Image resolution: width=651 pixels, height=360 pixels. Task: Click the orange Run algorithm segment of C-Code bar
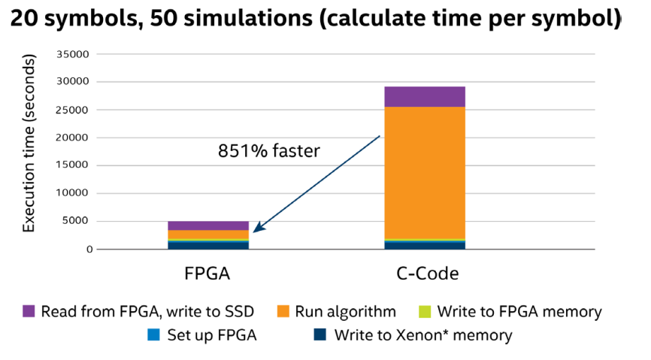425,173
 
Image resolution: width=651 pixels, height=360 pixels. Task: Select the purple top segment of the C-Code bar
425,97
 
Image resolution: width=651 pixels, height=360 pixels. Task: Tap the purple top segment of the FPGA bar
208,225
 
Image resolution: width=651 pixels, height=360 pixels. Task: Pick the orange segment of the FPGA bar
208,234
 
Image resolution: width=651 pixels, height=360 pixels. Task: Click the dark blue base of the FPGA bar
208,245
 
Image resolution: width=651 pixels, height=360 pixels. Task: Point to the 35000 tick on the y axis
74,54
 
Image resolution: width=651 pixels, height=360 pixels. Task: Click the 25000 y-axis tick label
74,110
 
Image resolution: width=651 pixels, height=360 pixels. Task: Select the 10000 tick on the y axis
74,193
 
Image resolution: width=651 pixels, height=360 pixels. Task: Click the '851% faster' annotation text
269,151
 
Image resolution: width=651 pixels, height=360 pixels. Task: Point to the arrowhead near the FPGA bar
256,229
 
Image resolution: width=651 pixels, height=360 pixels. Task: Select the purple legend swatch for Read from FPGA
29,310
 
